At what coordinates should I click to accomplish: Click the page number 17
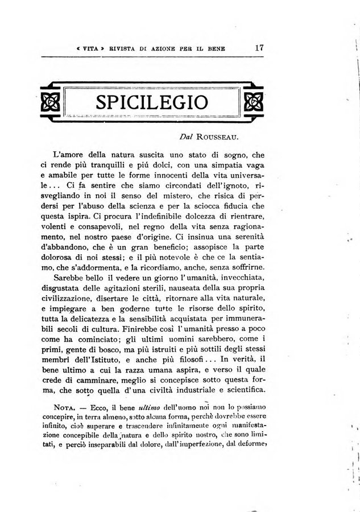259,48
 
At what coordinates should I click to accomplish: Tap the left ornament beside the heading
50,102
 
